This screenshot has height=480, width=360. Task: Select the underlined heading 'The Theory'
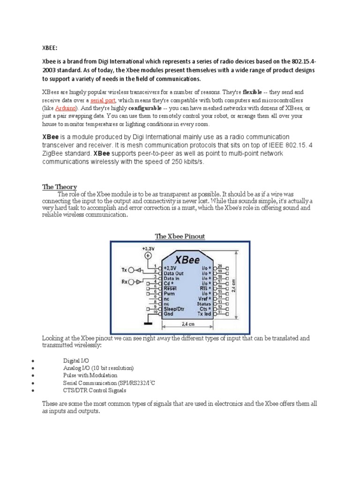point(60,187)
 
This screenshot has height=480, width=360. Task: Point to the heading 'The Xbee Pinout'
point(180,236)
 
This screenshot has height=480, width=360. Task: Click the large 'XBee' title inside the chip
point(187,259)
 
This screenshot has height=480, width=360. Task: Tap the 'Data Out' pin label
point(173,273)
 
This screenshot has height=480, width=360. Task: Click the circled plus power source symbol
point(148,255)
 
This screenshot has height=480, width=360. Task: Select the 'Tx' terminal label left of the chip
point(124,270)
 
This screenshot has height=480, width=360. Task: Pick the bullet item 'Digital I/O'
point(75,360)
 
